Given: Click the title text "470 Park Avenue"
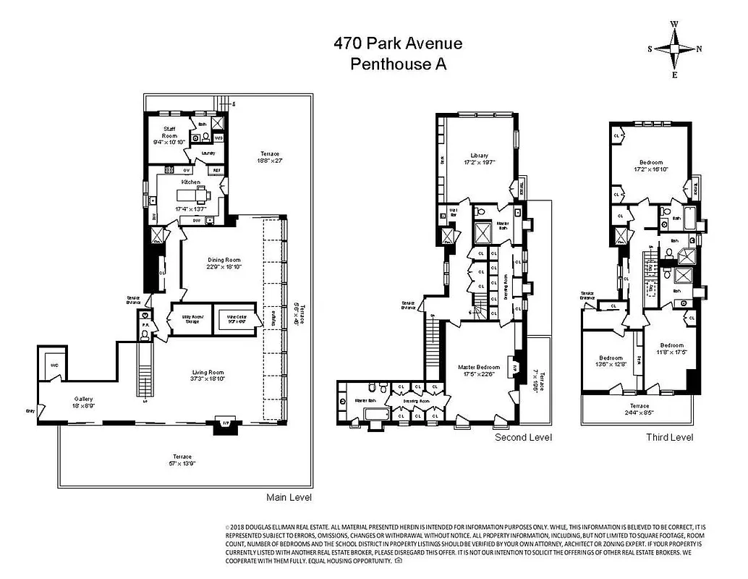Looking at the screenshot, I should click(398, 43).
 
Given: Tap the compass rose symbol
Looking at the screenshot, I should click(674, 49).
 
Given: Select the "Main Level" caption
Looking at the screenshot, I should click(290, 498).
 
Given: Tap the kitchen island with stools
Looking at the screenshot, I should click(192, 195).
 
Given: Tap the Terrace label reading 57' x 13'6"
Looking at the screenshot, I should click(182, 460).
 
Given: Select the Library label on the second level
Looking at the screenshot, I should click(479, 159).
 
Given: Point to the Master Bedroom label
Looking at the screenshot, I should click(477, 370).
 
